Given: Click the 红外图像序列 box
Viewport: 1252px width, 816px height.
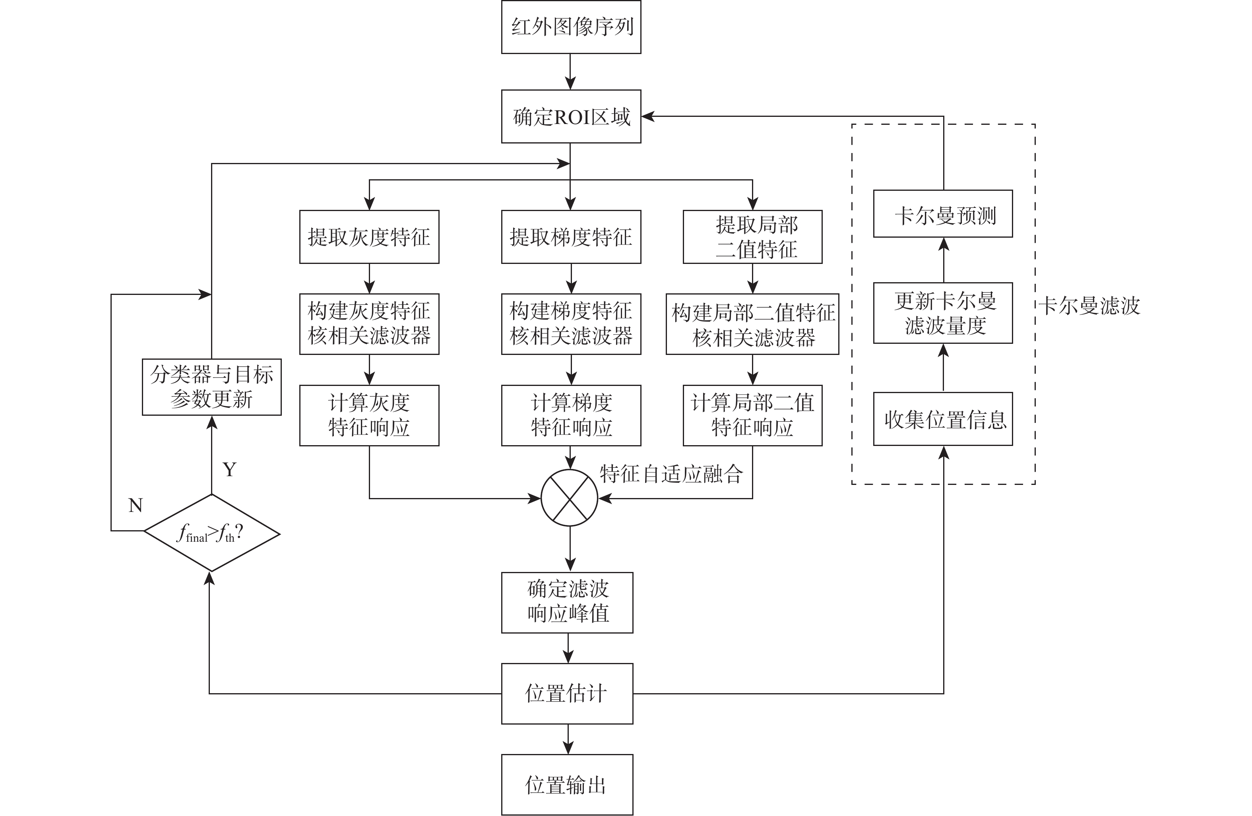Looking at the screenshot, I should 571,27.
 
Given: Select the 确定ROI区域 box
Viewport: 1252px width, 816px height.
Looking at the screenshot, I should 571,116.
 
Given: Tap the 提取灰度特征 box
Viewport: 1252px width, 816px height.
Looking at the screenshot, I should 369,237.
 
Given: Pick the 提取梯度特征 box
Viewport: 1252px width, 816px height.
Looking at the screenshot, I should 571,237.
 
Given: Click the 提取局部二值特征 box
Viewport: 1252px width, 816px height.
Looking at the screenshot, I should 752,237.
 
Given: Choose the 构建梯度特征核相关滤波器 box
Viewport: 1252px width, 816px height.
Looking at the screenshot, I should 571,324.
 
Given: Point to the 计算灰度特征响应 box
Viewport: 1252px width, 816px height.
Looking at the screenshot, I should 369,415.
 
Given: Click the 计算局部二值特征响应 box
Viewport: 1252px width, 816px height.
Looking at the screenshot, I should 752,415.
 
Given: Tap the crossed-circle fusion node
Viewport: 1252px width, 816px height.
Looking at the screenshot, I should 570,498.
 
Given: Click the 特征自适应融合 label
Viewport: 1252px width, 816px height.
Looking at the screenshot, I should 671,474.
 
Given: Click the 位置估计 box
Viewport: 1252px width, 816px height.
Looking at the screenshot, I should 567,694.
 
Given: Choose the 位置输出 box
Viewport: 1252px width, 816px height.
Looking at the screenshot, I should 567,785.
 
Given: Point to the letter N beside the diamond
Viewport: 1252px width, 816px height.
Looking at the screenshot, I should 136,506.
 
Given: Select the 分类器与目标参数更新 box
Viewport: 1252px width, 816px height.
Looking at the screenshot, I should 211,387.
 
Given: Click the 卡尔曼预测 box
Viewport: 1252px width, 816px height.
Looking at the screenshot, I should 943,213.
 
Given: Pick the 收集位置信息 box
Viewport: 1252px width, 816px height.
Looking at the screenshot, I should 943,419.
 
